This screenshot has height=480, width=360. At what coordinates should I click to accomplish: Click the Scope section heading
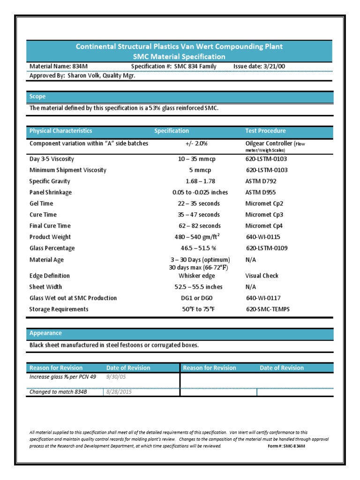pyautogui.click(x=37, y=97)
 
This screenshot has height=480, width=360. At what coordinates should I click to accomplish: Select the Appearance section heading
pyautogui.click(x=45, y=333)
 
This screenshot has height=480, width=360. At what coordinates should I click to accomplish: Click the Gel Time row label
pyautogui.click(x=41, y=203)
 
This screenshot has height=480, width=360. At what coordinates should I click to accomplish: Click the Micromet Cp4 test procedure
pyautogui.click(x=264, y=226)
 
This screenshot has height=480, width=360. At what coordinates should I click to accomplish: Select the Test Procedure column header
pyautogui.click(x=265, y=131)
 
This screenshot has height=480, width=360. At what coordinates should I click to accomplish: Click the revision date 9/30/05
pyautogui.click(x=116, y=377)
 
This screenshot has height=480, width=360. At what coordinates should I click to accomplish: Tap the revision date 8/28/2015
pyautogui.click(x=119, y=392)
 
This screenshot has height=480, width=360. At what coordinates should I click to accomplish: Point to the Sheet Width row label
pyautogui.click(x=45, y=287)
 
